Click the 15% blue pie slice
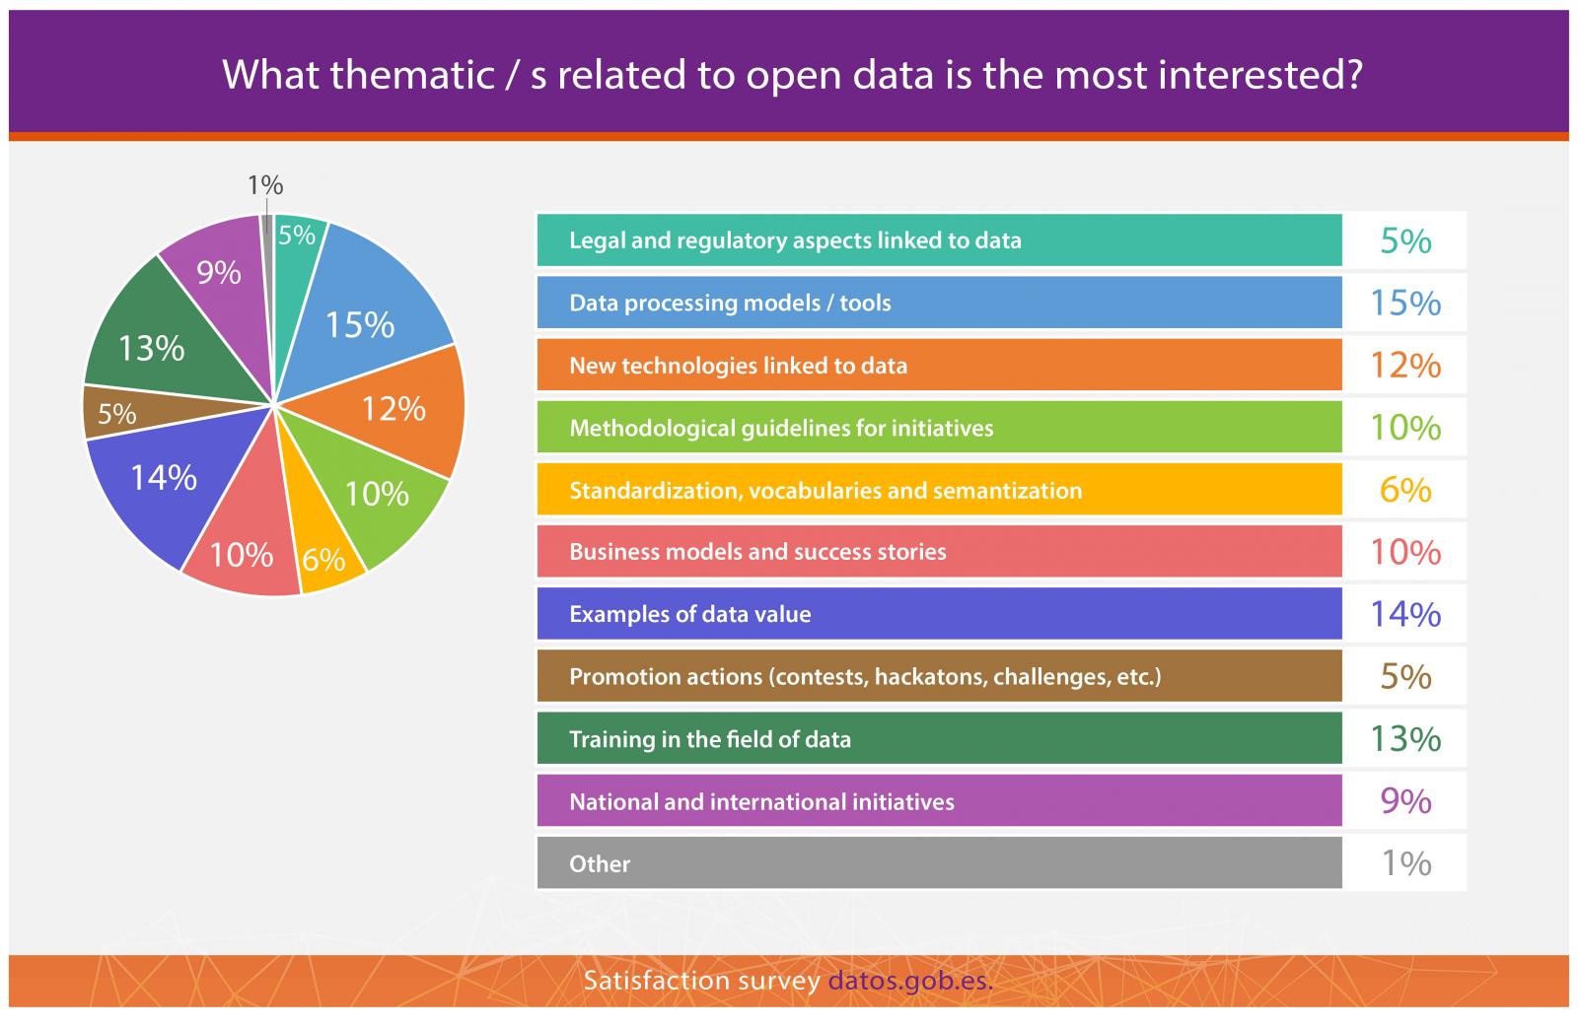point(366,316)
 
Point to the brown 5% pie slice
point(119,413)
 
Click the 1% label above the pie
point(265,186)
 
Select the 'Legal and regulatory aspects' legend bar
point(939,240)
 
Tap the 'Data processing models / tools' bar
point(939,303)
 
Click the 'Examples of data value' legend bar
point(939,614)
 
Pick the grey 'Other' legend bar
point(939,863)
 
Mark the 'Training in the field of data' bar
point(939,738)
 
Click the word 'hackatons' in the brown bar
point(931,677)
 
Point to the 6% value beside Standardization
point(1405,490)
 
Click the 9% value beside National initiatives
point(1405,801)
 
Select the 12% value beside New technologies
point(1405,366)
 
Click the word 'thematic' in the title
point(413,75)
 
